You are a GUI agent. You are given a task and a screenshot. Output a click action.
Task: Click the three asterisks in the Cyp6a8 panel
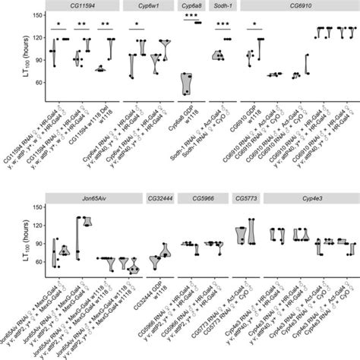tap(189, 25)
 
